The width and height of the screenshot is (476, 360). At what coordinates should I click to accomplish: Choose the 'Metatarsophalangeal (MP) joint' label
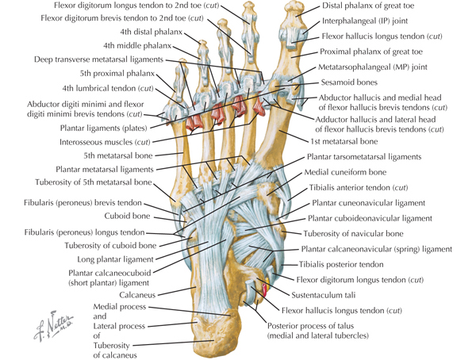tap(370, 68)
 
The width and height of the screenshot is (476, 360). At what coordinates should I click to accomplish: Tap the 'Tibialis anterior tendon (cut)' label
tap(359, 188)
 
